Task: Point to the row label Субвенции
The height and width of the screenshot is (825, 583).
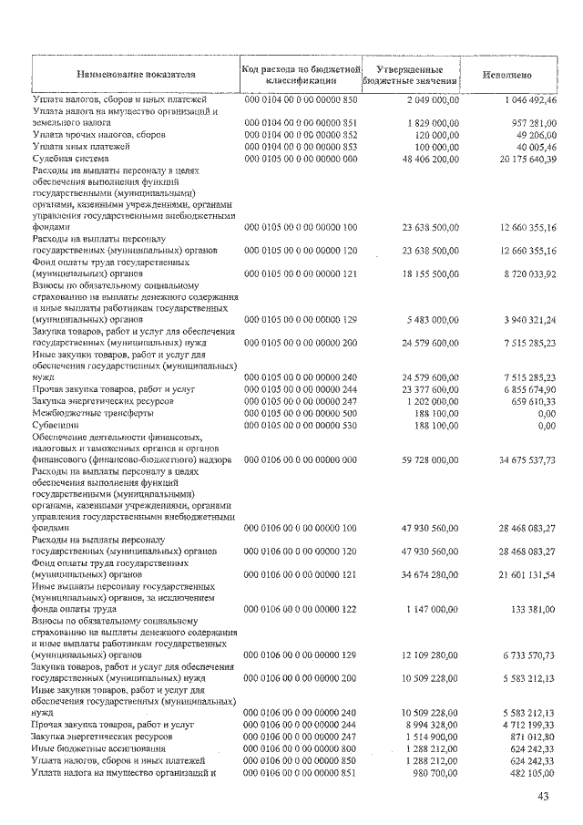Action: (57, 425)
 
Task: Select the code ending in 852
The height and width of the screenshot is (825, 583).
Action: (300, 134)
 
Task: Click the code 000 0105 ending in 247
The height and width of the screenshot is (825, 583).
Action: (300, 400)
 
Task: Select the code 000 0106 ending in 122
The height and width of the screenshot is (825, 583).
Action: (300, 608)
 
